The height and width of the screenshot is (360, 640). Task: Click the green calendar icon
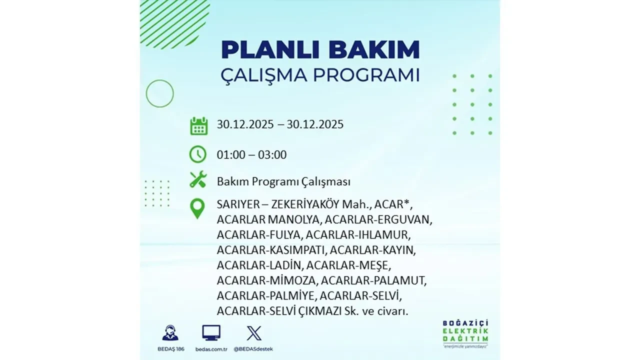coord(198,125)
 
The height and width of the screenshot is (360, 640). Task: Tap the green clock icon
coord(198,154)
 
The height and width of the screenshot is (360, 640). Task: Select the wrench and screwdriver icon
coord(198,179)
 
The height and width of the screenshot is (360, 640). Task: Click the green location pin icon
coord(198,208)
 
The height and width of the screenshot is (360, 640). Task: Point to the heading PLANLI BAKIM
coord(320,50)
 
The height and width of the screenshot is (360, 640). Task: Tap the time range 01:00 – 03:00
coord(251,155)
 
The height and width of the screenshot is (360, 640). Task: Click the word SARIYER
coord(235,205)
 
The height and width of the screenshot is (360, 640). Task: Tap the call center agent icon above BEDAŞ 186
coord(170,333)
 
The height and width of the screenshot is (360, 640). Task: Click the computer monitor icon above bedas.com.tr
coord(211,333)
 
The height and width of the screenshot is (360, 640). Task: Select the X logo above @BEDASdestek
coord(254,333)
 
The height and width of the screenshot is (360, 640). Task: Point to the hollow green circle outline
coord(159,93)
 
